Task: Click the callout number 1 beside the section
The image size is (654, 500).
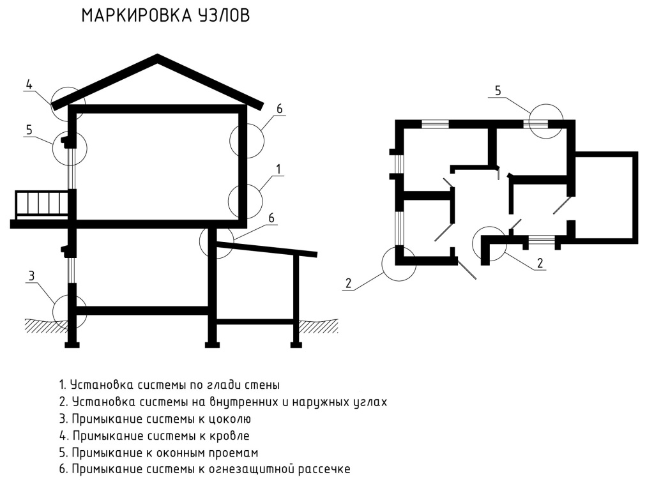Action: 278,168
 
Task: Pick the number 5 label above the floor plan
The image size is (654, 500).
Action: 498,90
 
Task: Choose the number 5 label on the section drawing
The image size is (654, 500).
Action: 29,130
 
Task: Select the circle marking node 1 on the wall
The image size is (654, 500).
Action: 246,201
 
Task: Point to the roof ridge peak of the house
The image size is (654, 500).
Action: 157,57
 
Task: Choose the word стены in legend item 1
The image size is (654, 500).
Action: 262,386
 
